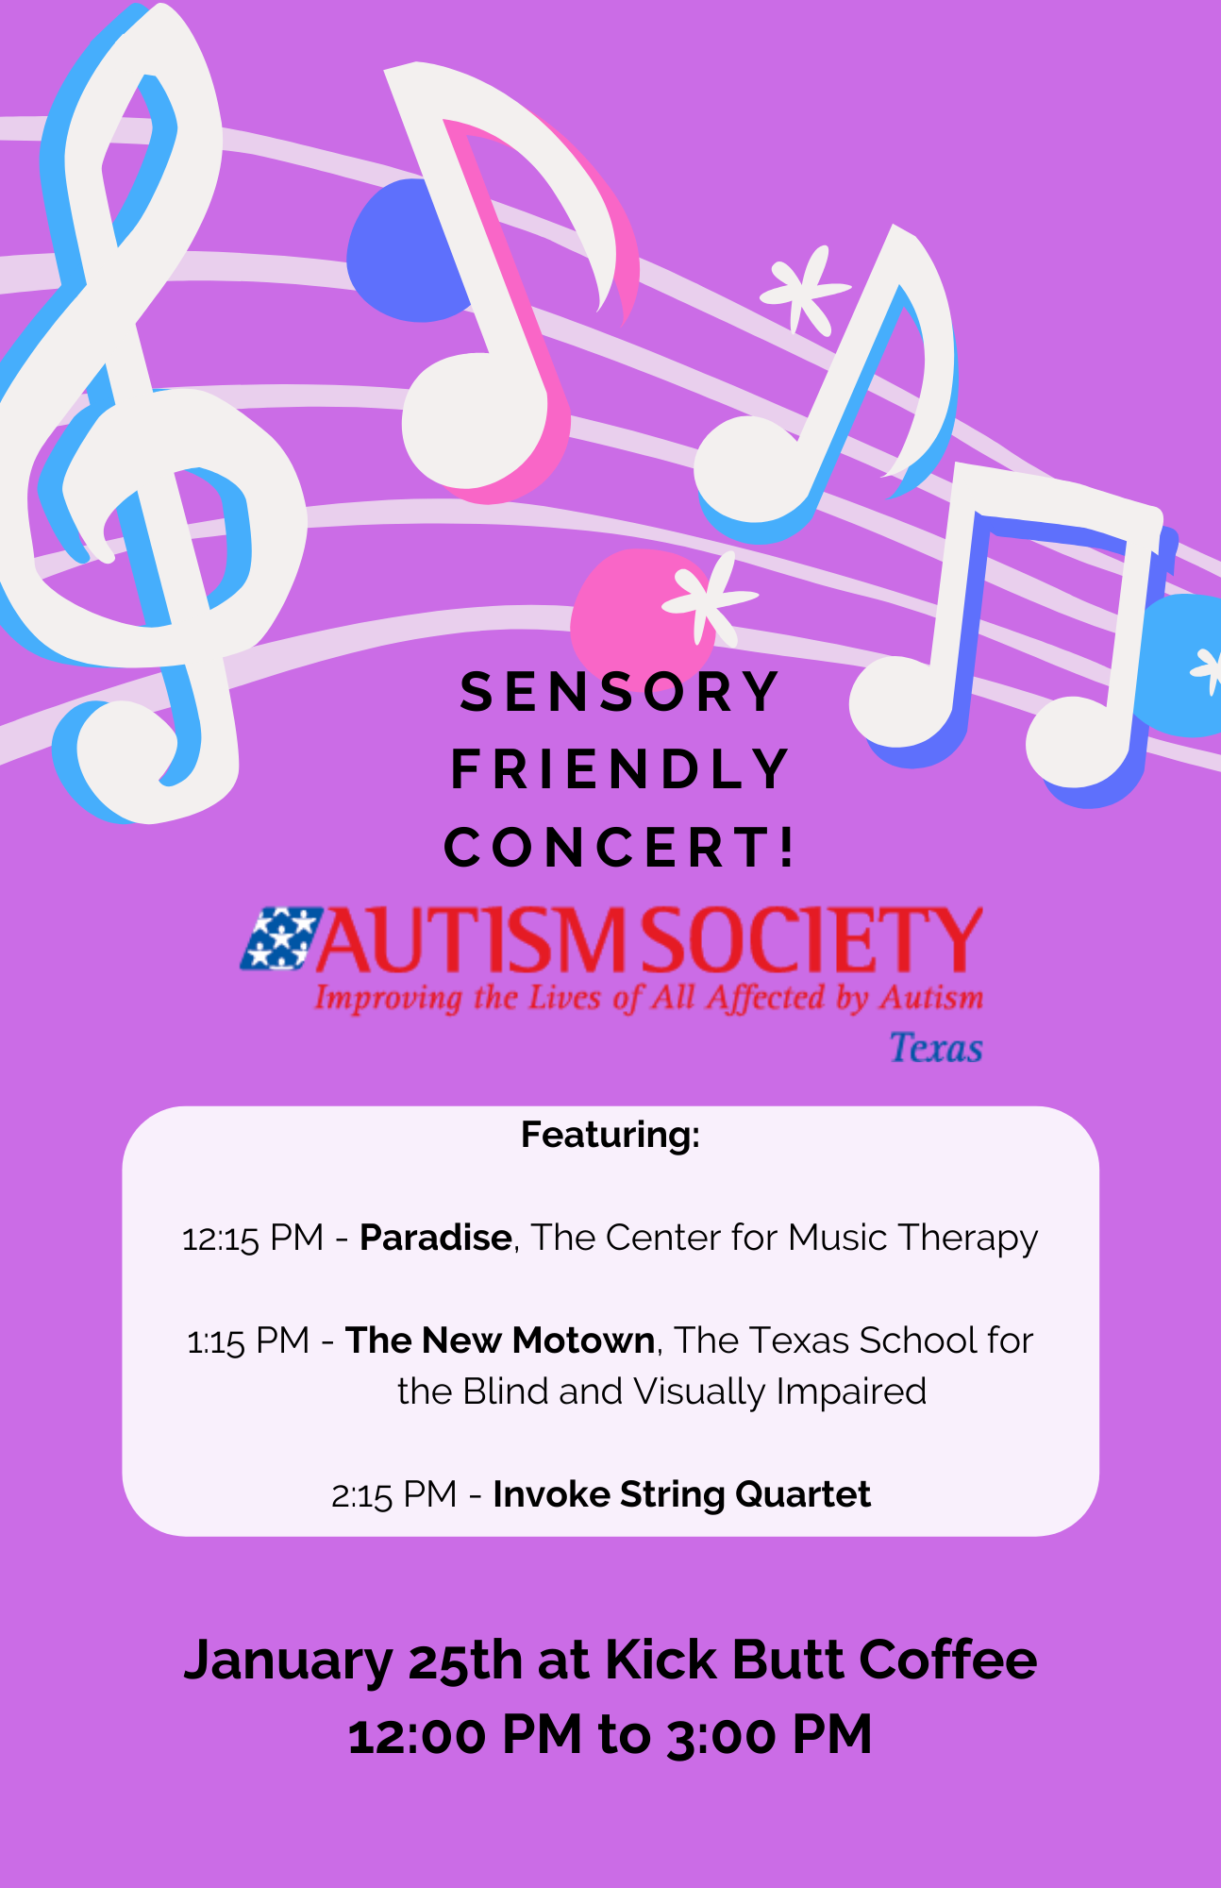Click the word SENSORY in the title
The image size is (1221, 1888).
(619, 692)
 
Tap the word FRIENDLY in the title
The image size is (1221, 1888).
(619, 769)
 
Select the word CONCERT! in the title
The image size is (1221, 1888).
(620, 847)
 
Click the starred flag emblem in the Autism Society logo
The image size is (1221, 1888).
(280, 938)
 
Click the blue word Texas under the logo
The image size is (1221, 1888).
(936, 1048)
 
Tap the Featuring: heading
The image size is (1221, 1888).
(610, 1134)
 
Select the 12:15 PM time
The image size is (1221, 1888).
(253, 1238)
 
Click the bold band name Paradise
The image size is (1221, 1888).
(436, 1237)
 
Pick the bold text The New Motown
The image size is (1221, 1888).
(500, 1340)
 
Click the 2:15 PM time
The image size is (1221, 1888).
(394, 1495)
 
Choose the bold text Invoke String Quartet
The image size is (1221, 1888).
(681, 1495)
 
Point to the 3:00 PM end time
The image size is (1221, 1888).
(769, 1735)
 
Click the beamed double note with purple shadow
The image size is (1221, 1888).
(1010, 632)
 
